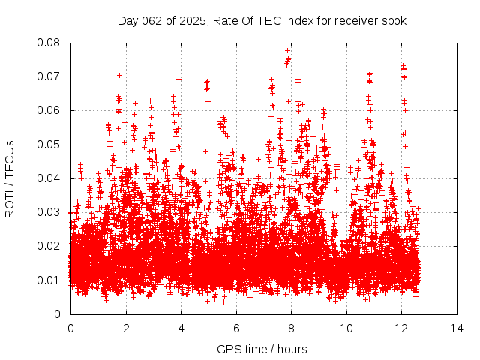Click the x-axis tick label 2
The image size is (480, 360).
click(x=126, y=328)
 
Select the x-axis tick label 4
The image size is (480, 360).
click(x=181, y=328)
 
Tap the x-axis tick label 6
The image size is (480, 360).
click(x=236, y=328)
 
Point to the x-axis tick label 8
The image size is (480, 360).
click(x=292, y=328)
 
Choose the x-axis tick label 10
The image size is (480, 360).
click(x=346, y=328)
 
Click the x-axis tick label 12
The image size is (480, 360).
click(x=402, y=328)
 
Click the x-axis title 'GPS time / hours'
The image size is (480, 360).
click(x=262, y=349)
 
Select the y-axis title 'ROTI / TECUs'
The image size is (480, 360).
click(x=10, y=178)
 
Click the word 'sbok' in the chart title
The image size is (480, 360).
click(x=394, y=21)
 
